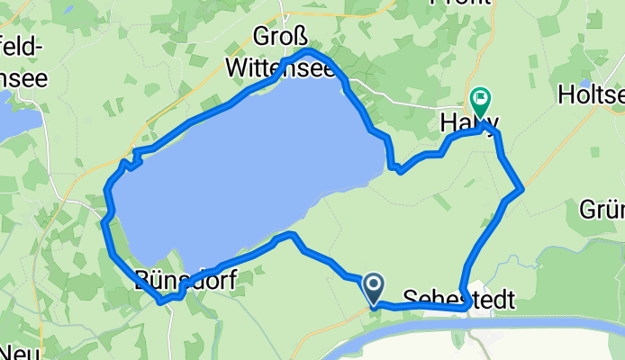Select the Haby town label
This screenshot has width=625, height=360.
(x=468, y=123)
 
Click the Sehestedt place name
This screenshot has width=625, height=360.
(x=458, y=299)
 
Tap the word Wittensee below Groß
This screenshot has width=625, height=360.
(x=280, y=67)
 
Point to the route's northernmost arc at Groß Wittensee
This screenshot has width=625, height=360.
(x=306, y=53)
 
